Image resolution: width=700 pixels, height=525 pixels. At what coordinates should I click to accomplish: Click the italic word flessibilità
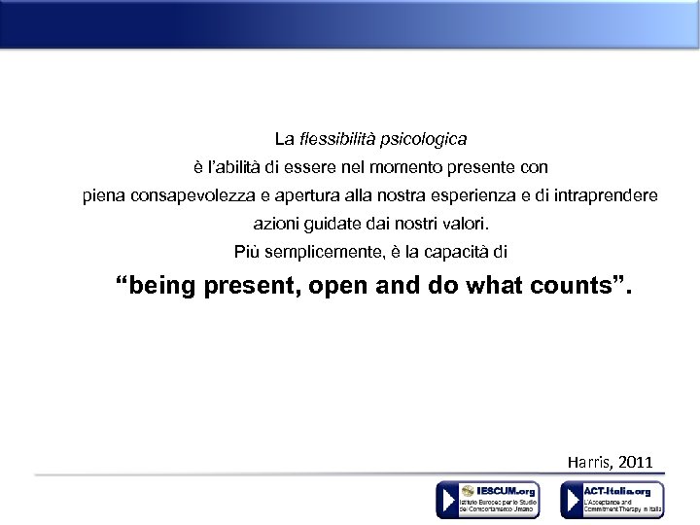click(336, 140)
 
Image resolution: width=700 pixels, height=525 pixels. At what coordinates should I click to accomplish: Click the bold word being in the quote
click(162, 287)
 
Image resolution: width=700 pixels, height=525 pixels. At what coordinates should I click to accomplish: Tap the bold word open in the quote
click(343, 287)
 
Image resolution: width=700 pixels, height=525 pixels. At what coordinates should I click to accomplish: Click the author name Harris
click(589, 461)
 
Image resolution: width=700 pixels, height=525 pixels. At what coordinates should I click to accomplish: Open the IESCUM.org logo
click(486, 500)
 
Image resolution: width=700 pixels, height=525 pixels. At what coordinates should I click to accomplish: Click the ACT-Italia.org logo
click(612, 500)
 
